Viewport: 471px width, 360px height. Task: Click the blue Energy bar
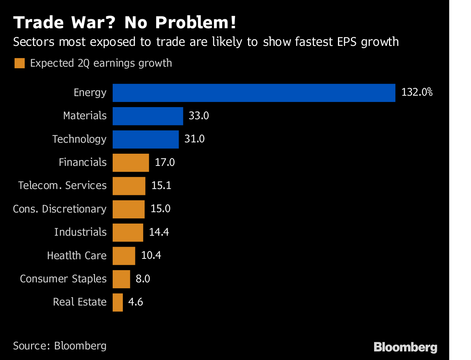click(254, 93)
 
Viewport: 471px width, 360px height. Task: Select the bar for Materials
click(148, 116)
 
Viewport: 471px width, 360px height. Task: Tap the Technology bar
click(146, 139)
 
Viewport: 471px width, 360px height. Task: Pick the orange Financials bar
click(131, 162)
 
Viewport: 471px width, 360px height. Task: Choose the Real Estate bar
click(118, 302)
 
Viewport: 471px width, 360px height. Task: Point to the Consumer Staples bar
click(121, 279)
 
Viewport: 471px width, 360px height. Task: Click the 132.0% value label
click(417, 93)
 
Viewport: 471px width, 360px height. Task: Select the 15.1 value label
click(161, 185)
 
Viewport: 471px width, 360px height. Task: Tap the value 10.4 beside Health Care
click(151, 255)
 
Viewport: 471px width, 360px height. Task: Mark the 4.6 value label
click(135, 302)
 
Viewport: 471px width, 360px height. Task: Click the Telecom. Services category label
click(62, 185)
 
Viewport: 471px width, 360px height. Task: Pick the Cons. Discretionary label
click(60, 209)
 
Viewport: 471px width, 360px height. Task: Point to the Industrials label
click(80, 232)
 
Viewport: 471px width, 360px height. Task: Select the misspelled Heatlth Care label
click(77, 256)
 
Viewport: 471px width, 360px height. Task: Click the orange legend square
click(20, 63)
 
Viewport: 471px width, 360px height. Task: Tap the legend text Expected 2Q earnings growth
click(101, 63)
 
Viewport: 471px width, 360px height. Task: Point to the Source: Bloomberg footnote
click(60, 346)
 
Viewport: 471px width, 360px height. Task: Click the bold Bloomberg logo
click(405, 347)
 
